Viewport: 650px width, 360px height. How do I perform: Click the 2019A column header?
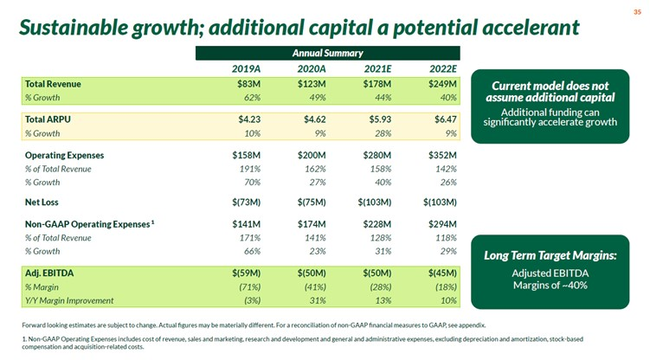(248, 68)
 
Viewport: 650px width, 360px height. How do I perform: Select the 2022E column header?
(442, 68)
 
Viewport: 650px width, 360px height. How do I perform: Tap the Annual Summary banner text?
(326, 53)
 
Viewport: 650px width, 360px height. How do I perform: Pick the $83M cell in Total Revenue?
(250, 83)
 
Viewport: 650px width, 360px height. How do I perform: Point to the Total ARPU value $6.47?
(442, 119)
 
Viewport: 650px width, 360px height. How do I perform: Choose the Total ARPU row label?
(51, 119)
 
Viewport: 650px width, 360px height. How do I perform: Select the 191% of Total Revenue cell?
(252, 169)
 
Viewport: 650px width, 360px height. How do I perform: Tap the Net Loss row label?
(44, 202)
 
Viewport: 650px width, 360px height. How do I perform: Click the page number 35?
(636, 12)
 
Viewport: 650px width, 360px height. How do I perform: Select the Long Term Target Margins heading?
(550, 255)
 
